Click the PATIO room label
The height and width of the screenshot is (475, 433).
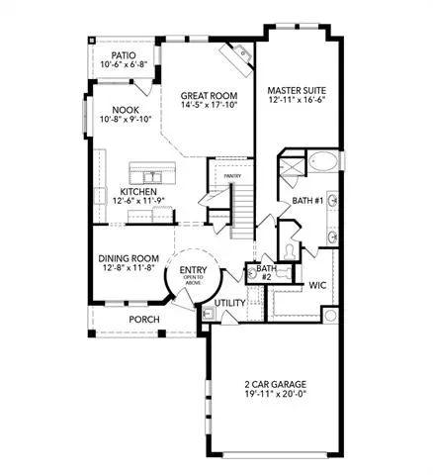[124, 55]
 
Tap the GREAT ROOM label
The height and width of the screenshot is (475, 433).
[209, 96]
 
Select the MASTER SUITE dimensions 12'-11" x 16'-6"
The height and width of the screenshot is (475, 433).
[297, 100]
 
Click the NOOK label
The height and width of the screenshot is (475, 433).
[126, 110]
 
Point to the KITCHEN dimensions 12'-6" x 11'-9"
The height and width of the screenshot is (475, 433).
[138, 200]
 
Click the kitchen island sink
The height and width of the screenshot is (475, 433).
[152, 177]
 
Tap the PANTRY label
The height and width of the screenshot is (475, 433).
[232, 176]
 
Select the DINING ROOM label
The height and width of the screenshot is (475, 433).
[129, 258]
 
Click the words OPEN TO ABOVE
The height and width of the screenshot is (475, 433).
[193, 280]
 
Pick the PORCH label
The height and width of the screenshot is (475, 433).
[144, 320]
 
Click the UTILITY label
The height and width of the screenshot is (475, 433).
[230, 303]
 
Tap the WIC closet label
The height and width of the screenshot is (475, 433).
[317, 285]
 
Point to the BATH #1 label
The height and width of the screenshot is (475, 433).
[307, 201]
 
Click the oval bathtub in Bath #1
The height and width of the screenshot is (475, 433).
[323, 161]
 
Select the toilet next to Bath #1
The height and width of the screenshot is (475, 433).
[290, 252]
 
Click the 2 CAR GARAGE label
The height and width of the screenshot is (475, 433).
[275, 384]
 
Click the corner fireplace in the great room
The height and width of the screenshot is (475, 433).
[236, 59]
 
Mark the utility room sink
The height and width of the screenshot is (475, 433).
[209, 313]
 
